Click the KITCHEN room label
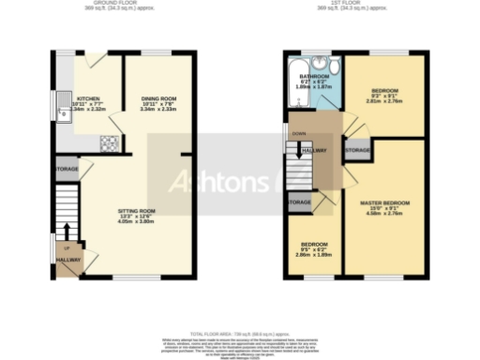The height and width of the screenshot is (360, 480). pos(88,98)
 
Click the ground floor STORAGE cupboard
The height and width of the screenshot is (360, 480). pos(67,170)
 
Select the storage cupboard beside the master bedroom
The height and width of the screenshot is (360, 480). pos(356,150)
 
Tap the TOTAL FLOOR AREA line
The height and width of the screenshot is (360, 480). pos(240,334)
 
